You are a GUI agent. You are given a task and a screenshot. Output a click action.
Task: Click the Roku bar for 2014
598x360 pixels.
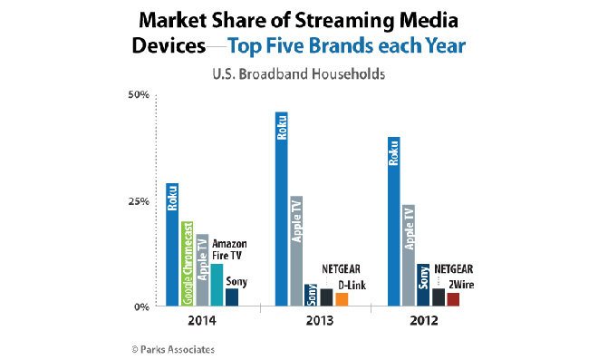(172, 245)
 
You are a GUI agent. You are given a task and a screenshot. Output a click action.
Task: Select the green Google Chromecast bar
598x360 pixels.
(188, 264)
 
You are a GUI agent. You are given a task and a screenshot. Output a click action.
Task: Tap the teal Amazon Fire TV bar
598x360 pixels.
(217, 285)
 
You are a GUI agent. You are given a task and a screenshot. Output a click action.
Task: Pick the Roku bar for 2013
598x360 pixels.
(282, 209)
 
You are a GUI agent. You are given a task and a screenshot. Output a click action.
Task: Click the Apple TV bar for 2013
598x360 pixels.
(296, 251)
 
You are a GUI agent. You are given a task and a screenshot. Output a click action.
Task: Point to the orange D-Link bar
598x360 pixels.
(342, 299)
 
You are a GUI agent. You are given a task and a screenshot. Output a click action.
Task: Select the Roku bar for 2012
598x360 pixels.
(394, 221)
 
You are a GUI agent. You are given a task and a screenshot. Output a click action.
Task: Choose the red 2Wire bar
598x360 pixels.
(453, 299)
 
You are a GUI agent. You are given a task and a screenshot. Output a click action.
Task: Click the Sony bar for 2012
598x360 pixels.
(423, 285)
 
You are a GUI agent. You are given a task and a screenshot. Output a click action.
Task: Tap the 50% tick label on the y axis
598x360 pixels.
(139, 94)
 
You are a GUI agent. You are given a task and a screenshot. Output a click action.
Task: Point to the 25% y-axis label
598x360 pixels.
(139, 201)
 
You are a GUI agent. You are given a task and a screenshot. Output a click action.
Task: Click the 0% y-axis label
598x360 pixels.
(141, 306)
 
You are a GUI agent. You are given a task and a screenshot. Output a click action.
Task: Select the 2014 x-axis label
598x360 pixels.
(202, 321)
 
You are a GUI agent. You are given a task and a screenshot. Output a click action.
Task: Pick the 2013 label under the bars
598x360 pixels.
(319, 321)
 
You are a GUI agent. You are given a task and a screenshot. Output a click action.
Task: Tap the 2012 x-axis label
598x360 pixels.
(424, 321)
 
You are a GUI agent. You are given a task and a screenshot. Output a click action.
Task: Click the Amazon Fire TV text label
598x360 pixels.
(229, 249)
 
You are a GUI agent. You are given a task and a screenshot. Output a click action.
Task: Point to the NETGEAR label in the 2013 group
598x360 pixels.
(341, 269)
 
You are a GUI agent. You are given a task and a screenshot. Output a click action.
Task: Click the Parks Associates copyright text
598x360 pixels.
(173, 349)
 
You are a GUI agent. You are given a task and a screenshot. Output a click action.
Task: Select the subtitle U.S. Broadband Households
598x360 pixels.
(299, 73)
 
